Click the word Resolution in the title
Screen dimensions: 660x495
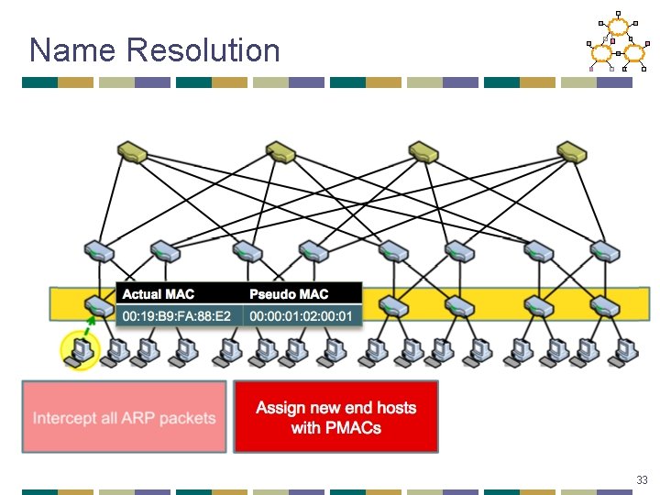click(203, 49)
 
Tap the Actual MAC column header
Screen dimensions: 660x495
click(159, 294)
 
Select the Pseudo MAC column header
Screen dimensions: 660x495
click(289, 294)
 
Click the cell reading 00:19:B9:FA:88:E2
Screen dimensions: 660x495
click(179, 316)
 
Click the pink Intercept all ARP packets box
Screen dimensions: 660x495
click(125, 418)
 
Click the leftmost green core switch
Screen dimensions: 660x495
click(132, 149)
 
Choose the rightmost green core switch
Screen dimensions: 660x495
click(571, 149)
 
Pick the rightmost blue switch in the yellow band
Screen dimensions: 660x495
click(604, 305)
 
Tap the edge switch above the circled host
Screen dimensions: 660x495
click(95, 305)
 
